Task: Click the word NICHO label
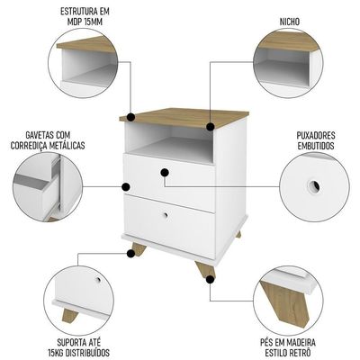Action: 290,22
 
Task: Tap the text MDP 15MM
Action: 85,22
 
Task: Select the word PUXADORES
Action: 316,135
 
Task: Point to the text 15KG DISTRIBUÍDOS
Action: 78,352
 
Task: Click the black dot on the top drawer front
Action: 165,173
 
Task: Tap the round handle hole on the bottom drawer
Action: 165,215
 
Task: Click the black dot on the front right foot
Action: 211,280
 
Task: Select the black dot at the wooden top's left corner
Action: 130,117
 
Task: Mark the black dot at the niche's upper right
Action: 211,126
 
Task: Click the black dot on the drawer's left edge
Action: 126,187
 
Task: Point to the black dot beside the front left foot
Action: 130,254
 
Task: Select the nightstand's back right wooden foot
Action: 238,234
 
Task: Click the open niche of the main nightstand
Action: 170,143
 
